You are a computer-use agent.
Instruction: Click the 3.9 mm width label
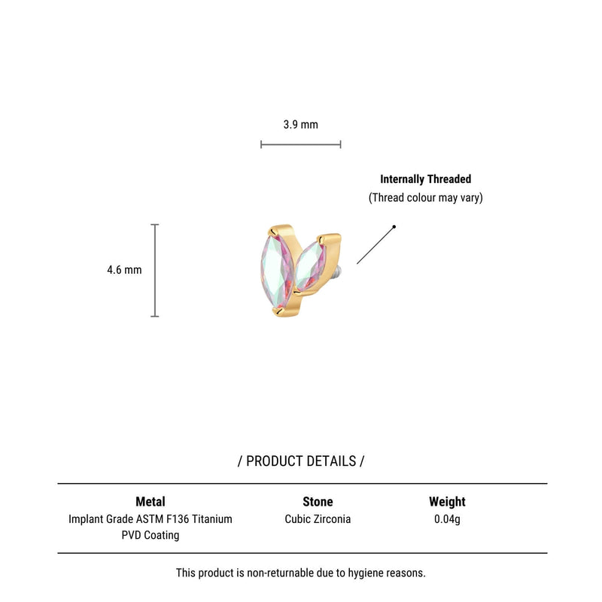(300, 124)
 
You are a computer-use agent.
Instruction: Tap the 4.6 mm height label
(124, 270)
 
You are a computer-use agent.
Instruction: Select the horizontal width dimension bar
(300, 144)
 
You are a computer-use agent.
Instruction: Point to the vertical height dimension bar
(155, 270)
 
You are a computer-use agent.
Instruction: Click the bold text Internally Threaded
(425, 179)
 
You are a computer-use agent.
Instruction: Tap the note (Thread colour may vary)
(425, 198)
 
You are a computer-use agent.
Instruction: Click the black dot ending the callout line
(394, 227)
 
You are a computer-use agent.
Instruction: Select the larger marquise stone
(277, 270)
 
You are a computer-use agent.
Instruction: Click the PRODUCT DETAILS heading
(301, 461)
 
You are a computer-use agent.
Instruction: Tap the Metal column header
(150, 501)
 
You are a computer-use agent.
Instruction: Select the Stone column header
(318, 501)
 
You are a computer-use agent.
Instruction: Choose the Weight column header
(447, 501)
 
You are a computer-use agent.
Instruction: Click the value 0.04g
(447, 519)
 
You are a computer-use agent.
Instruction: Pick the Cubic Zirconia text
(318, 519)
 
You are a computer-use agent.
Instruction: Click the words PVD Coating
(150, 535)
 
